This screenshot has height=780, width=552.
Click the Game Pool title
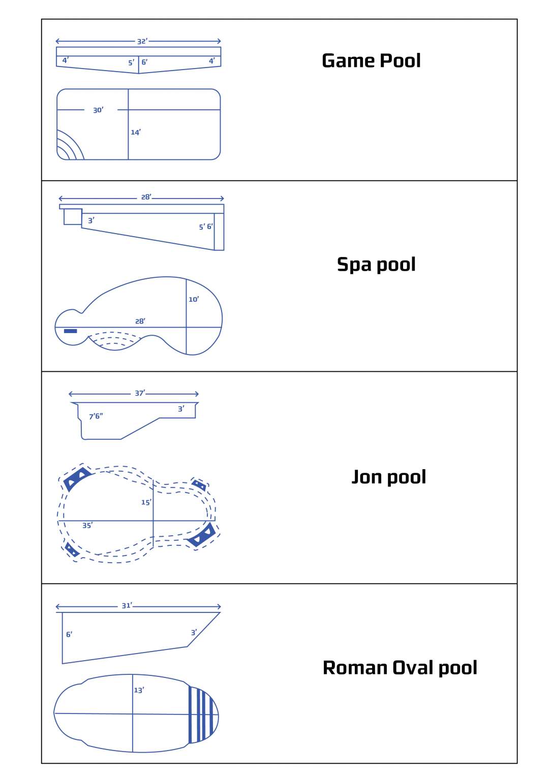click(x=371, y=60)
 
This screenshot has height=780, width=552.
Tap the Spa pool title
click(x=376, y=265)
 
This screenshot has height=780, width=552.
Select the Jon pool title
click(x=388, y=477)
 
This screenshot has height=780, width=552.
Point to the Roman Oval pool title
click(x=400, y=668)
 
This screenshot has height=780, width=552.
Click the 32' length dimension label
click(x=142, y=42)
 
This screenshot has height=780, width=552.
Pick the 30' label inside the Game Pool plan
click(x=98, y=110)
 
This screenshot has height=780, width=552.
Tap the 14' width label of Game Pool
click(x=136, y=133)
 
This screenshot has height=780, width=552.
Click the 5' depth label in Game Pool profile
click(x=131, y=62)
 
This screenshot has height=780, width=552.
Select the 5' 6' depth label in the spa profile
click(x=206, y=226)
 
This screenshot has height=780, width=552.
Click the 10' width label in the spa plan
click(x=194, y=299)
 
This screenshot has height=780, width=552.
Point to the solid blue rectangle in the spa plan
click(x=70, y=331)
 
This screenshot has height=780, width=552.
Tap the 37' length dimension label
click(x=140, y=393)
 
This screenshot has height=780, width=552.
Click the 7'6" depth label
click(x=96, y=416)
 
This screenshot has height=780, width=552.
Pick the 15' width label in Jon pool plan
click(x=146, y=502)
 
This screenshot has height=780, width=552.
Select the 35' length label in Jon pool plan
click(x=87, y=526)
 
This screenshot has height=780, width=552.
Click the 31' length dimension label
click(x=127, y=605)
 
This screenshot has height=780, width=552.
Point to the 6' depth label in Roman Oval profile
click(x=69, y=634)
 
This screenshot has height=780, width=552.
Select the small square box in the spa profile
click(x=73, y=217)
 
